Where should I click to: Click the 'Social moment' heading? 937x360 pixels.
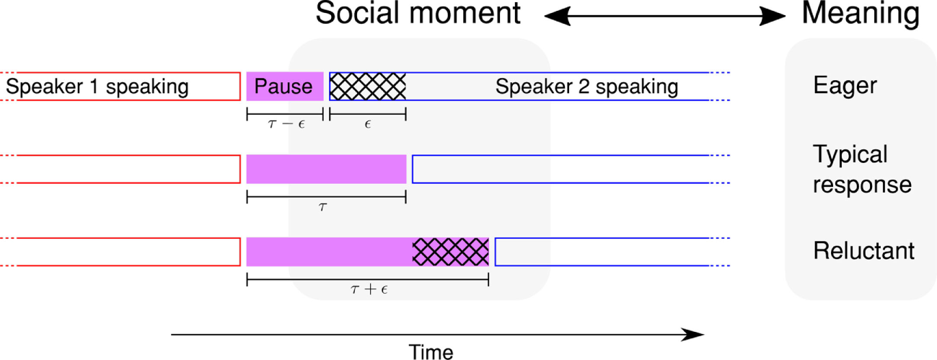click(418, 14)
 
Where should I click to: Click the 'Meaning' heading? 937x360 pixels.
click(861, 14)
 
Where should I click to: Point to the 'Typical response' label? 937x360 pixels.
click(861, 170)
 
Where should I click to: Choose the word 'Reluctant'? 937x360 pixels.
click(863, 251)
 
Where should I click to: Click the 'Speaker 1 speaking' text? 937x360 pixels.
click(97, 87)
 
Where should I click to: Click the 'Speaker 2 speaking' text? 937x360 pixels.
click(586, 87)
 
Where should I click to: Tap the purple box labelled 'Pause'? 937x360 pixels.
click(285, 87)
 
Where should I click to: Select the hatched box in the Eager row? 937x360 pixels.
click(368, 87)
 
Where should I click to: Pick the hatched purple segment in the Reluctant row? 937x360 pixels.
click(450, 251)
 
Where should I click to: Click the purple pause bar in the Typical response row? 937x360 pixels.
click(326, 169)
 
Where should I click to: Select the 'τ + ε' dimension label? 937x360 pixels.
click(367, 290)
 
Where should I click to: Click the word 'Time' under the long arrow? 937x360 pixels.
click(431, 352)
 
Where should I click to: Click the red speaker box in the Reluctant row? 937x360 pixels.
click(123, 251)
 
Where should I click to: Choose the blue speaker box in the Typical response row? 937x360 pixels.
click(560, 169)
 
